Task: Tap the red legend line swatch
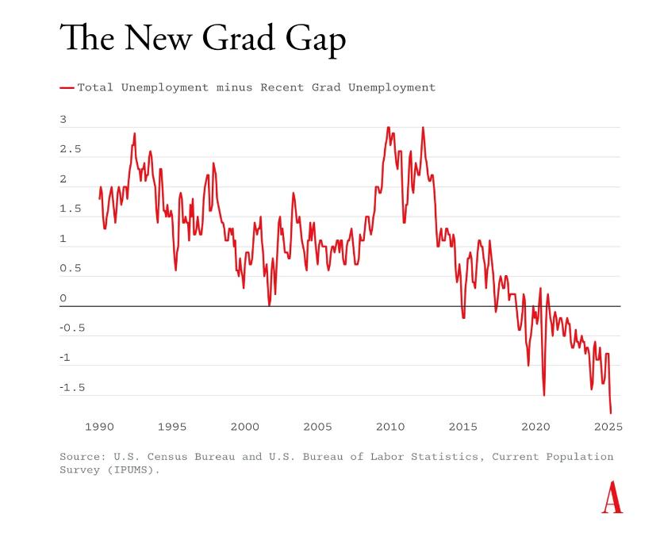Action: [x=67, y=87]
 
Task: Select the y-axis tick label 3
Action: [x=63, y=120]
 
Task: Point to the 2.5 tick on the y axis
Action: [x=70, y=149]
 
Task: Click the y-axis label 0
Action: [x=63, y=298]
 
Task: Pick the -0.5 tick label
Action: [x=73, y=328]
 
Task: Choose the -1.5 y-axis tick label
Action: [x=73, y=387]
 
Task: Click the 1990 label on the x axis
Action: [x=99, y=427]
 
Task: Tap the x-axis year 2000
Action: [x=244, y=427]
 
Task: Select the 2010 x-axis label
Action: [x=390, y=427]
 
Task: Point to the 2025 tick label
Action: [x=608, y=427]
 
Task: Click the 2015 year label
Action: [x=463, y=427]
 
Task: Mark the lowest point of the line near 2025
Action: [x=611, y=412]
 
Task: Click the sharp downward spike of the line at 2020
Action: [x=544, y=394]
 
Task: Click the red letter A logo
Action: [x=612, y=498]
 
